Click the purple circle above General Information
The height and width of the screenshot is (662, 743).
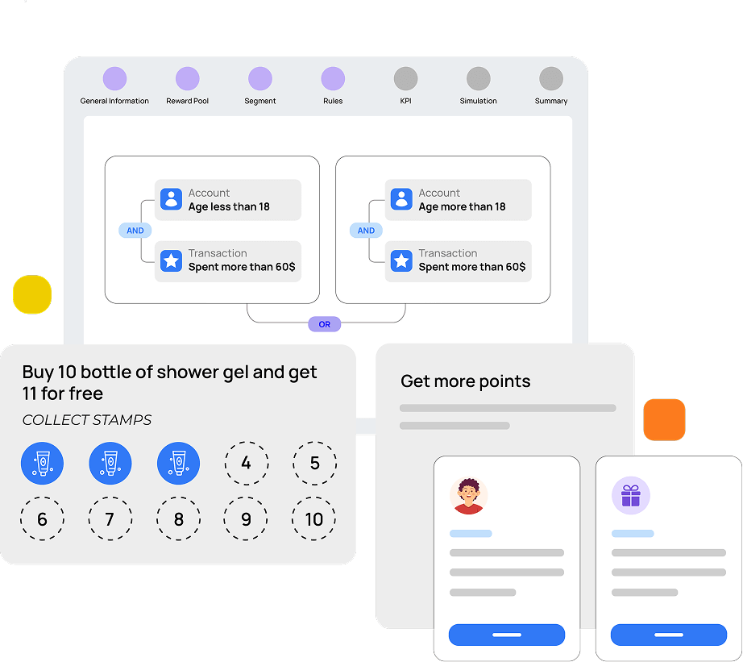[x=114, y=78]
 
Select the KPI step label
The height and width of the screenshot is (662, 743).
[x=405, y=101]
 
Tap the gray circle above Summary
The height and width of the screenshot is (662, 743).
[x=551, y=78]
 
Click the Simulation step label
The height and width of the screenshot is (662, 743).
[x=478, y=101]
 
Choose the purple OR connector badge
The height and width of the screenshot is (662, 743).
[x=325, y=324]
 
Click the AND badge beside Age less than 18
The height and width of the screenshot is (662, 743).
[x=135, y=231]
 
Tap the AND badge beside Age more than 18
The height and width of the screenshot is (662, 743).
[x=367, y=231]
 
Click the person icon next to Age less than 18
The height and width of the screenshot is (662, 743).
[x=171, y=199]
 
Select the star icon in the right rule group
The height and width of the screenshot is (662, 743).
[x=401, y=260]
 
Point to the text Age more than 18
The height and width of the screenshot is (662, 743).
[x=462, y=206]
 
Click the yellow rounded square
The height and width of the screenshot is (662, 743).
[x=32, y=294]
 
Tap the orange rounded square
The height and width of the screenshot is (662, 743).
[x=664, y=419]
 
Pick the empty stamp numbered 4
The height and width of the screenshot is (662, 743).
[x=247, y=464]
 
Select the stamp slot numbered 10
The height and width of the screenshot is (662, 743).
[x=313, y=518]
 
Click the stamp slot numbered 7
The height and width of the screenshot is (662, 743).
[x=110, y=518]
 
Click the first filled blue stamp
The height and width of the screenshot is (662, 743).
[x=42, y=464]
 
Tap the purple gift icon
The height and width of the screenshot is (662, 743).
[x=631, y=496]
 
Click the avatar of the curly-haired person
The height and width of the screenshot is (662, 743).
[x=469, y=496]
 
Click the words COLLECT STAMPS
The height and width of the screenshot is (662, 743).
[x=87, y=419]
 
